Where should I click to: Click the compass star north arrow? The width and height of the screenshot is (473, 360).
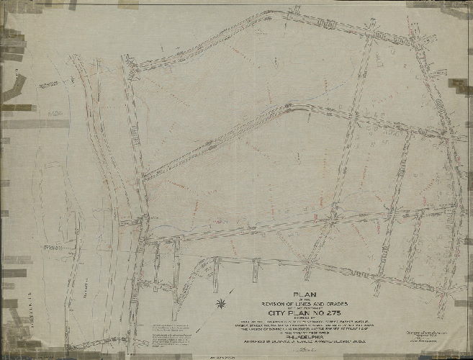[x=220, y=303]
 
